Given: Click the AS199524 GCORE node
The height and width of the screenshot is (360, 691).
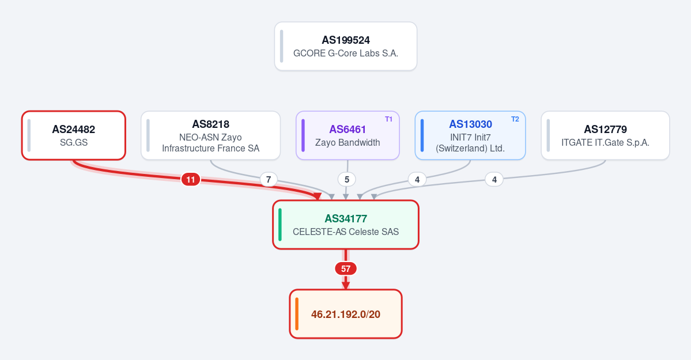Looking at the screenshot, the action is [x=346, y=46].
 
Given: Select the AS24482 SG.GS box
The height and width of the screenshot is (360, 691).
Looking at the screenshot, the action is [x=74, y=135].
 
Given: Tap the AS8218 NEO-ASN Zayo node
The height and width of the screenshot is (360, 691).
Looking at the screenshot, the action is [x=211, y=135].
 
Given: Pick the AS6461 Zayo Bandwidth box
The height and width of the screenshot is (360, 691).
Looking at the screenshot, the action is [x=348, y=135].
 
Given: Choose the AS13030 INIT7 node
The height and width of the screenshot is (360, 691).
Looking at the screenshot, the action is [x=470, y=135].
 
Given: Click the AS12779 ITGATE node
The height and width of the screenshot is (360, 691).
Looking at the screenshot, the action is [x=605, y=135].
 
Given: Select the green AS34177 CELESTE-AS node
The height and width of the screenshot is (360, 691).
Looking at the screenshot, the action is [x=346, y=225].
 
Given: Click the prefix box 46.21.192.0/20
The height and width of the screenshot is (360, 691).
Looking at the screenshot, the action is [x=346, y=314].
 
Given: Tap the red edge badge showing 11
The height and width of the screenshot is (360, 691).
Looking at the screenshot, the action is [x=190, y=179].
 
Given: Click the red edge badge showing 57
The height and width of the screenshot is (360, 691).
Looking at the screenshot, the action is [x=346, y=269].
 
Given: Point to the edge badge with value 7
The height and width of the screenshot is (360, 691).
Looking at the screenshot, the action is [x=269, y=179].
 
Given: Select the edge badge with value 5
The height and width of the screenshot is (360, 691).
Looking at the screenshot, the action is [x=347, y=179].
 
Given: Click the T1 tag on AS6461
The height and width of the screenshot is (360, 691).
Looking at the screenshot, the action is [x=388, y=119].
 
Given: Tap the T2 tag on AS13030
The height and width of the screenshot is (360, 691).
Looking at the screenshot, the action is [x=515, y=119].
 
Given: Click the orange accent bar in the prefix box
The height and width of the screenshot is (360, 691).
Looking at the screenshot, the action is [x=297, y=314].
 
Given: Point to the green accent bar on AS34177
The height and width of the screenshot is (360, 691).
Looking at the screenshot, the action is [x=280, y=225].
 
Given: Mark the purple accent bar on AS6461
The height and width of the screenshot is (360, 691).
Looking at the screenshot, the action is [x=303, y=135].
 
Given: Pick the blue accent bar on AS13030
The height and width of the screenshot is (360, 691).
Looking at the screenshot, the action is [x=422, y=135].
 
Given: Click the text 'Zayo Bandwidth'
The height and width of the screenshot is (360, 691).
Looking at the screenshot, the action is [x=348, y=142].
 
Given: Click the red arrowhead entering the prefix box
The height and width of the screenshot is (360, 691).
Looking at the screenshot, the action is [x=346, y=286].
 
